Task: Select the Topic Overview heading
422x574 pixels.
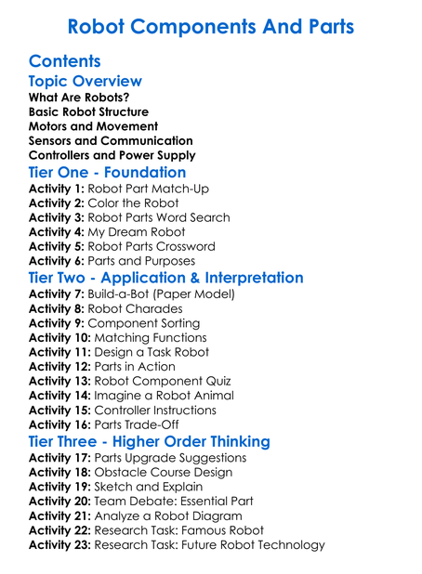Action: pos(86,83)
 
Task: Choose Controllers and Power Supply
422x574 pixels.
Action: pos(112,155)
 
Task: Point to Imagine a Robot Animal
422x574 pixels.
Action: pos(164,396)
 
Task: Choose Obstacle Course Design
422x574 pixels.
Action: pos(170,473)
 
